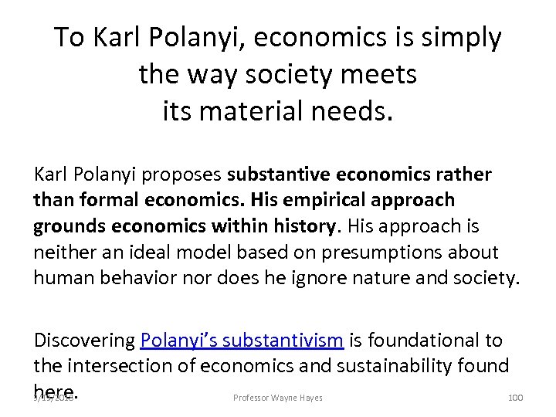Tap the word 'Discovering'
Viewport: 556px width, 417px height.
[x=84, y=341]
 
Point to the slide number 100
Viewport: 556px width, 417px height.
[x=515, y=397]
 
